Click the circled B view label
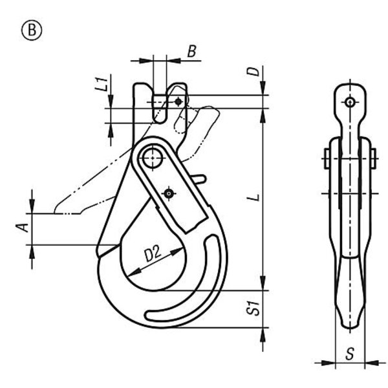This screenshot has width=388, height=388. (x=32, y=30)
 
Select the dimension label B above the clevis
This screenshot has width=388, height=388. (x=192, y=51)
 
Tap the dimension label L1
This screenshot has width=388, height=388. (x=102, y=83)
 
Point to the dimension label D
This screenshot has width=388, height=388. (x=254, y=71)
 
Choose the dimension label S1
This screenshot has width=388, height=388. (x=253, y=308)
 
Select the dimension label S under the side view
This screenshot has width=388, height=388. (x=350, y=353)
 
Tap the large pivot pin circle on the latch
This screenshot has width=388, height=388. (x=153, y=158)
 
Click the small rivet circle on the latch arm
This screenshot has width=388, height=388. (x=169, y=193)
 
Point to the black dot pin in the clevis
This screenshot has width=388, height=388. (x=178, y=102)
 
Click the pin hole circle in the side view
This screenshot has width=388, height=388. (x=350, y=102)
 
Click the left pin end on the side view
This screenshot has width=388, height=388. (x=327, y=158)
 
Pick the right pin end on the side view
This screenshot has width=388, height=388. (x=373, y=158)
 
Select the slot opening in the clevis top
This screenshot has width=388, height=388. (x=160, y=109)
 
